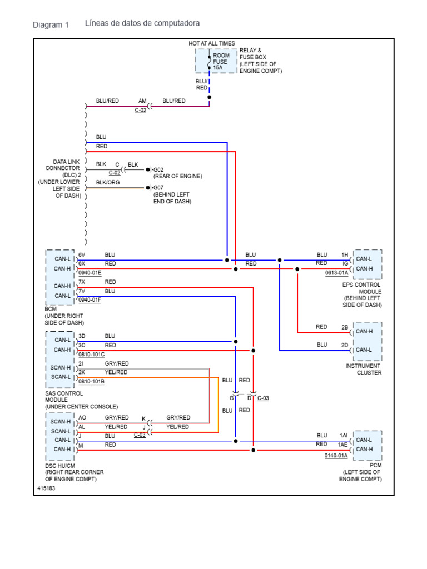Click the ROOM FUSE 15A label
coord(221,62)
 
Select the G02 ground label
coord(158,169)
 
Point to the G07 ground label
coord(158,188)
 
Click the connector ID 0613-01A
coord(336,273)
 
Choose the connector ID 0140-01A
coord(336,456)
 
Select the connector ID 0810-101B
coord(91,381)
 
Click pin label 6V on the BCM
coord(82,254)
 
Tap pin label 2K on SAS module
coord(82,372)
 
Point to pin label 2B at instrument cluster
coord(345,327)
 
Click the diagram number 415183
coord(46,488)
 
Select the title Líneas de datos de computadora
coord(142,23)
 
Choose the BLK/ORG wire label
coord(107,182)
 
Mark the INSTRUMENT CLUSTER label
coord(363,369)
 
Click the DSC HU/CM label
coord(60,466)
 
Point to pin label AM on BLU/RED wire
coord(142,101)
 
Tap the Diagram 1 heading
coord(51,24)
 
